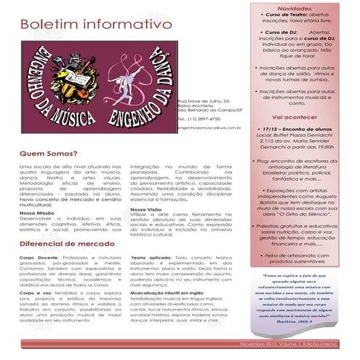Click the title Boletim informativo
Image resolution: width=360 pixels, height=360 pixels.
tap(96, 26)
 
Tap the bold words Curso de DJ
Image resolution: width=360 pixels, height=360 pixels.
tap(278, 33)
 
